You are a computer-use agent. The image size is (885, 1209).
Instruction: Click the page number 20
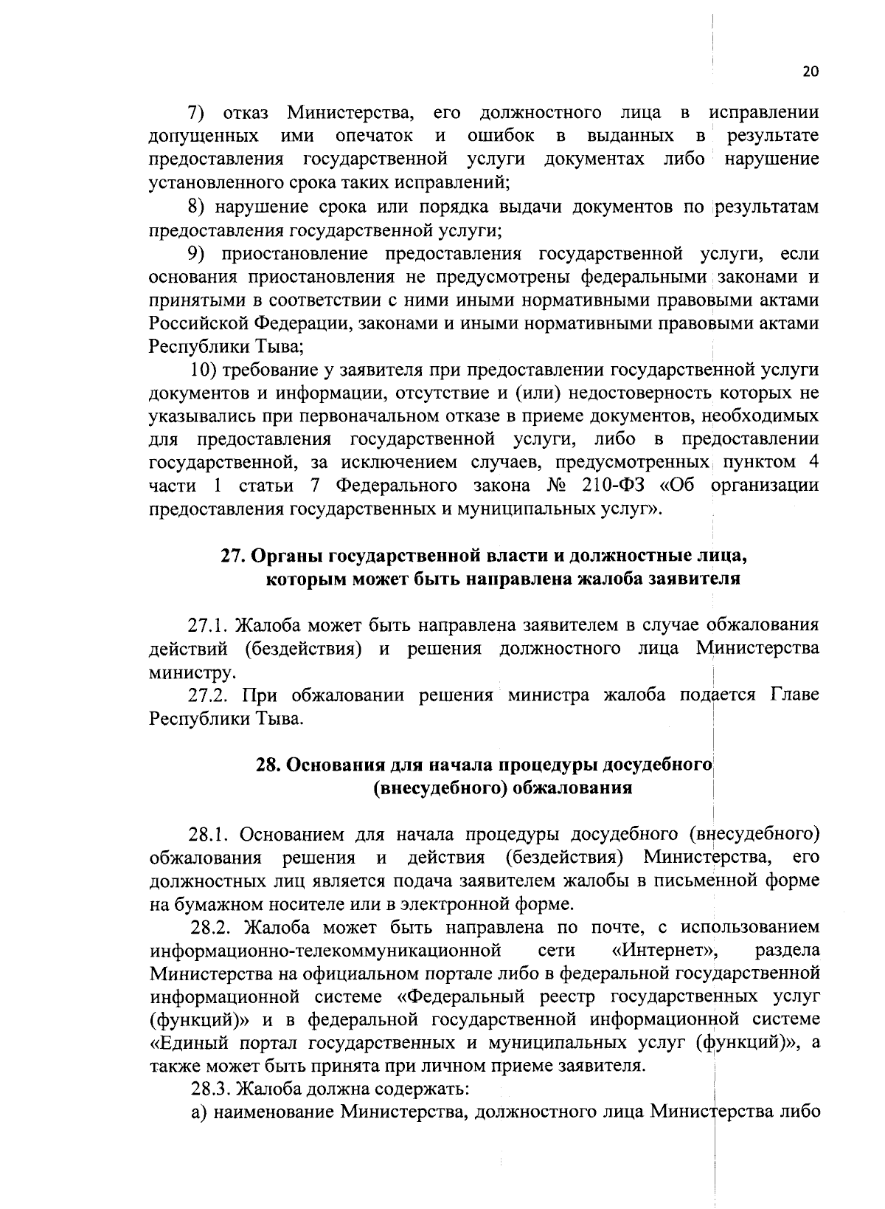click(x=810, y=72)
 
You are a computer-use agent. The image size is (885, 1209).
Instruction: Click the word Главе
click(x=794, y=695)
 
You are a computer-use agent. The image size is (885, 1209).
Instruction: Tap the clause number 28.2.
click(x=209, y=927)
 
